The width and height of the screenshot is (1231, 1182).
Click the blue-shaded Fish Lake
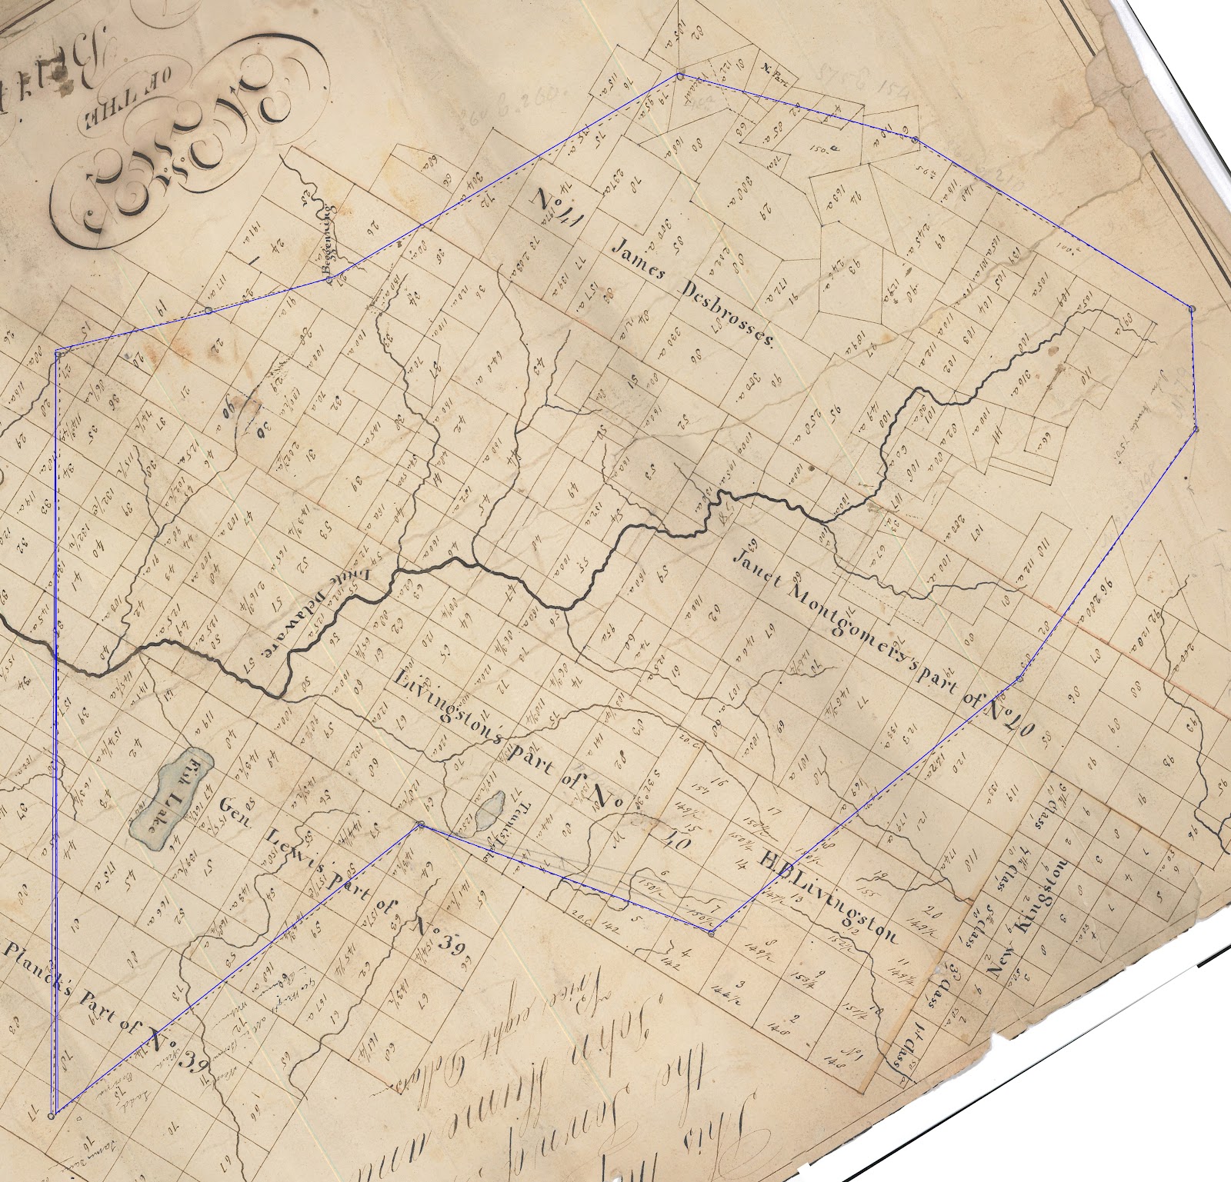coord(165,800)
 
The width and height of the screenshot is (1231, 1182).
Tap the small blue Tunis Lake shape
coord(489,812)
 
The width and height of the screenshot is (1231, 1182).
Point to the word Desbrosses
coord(727,315)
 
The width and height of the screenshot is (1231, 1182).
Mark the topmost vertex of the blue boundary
coord(680,75)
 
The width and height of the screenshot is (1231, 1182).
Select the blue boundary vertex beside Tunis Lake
coord(420,825)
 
